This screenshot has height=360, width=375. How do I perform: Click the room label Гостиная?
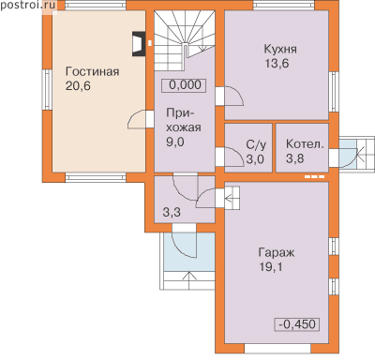92,72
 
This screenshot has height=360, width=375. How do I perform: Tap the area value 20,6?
78,86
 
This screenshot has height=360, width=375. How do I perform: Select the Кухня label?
280,50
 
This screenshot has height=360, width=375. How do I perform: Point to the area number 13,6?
277,64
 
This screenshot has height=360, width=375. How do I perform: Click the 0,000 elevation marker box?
184,85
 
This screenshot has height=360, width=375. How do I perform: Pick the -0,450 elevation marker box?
297,324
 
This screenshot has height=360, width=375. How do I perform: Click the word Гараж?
277,253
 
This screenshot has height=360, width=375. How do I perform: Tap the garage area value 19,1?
270,267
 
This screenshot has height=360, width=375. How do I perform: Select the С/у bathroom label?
256,145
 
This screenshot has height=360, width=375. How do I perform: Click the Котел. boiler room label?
305,144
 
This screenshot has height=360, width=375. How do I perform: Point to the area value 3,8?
294,158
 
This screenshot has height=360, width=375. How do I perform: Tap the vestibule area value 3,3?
172,213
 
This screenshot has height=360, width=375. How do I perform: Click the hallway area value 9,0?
175,142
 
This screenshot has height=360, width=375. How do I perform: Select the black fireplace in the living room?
139,44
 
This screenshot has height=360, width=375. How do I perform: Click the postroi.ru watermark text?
28,5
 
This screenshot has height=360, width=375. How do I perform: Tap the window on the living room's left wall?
48,90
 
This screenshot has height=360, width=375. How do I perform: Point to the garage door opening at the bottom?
277,348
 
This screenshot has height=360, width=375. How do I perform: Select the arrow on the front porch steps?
188,281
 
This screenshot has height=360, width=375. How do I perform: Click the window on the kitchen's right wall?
335,92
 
